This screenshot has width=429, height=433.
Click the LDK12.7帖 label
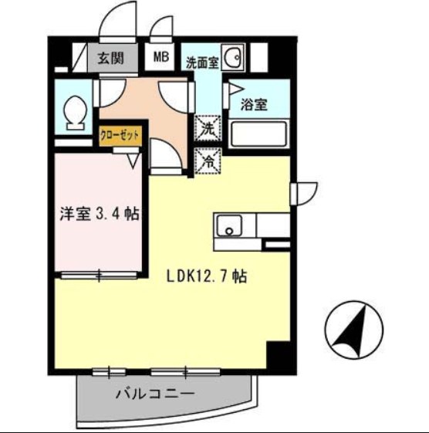click(206, 276)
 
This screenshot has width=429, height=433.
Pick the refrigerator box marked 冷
click(207, 161)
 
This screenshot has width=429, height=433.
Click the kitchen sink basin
click(229, 226)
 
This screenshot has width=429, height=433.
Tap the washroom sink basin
click(236, 59)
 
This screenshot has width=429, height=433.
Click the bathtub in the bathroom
click(260, 135)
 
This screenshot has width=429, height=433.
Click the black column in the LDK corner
click(277, 356)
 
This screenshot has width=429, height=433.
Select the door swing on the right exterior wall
click(303, 192)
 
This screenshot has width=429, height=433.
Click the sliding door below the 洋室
click(100, 275)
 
